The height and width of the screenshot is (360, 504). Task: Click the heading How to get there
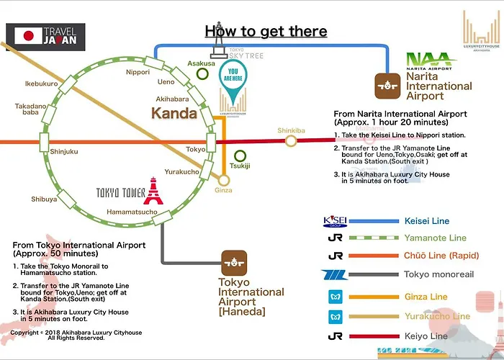(x=266, y=31)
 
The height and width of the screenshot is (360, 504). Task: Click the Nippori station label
(x=138, y=72)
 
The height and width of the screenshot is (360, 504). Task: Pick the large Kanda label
(x=174, y=113)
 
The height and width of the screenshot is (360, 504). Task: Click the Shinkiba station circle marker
(x=291, y=140)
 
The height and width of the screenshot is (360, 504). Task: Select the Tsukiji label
(x=240, y=166)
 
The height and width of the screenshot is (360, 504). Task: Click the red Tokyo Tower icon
(x=153, y=192)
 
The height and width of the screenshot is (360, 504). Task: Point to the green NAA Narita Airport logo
(x=431, y=61)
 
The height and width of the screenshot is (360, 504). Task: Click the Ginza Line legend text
(x=427, y=297)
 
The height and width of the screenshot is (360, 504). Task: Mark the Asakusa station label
(x=202, y=63)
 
